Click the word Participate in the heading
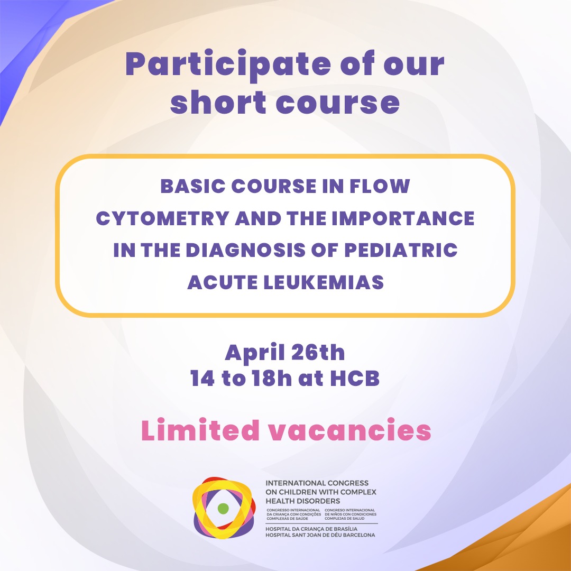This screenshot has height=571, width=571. (228, 64)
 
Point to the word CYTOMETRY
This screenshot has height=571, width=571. (163, 218)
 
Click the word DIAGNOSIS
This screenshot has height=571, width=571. (245, 250)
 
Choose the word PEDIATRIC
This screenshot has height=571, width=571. (401, 250)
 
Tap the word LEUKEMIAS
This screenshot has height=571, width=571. (324, 282)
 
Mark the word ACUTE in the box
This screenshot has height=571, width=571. (222, 282)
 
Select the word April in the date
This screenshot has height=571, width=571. (255, 353)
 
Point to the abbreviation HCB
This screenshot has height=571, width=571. (355, 379)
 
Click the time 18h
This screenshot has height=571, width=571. (272, 379)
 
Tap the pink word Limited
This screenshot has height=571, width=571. (201, 430)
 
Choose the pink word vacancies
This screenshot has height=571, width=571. (350, 431)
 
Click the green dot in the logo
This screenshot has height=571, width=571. (223, 509)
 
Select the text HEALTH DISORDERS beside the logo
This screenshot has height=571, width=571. (302, 501)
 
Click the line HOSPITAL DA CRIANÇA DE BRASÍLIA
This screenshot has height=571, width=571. (311, 529)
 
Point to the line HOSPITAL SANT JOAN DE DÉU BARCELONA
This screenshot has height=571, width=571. (320, 535)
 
